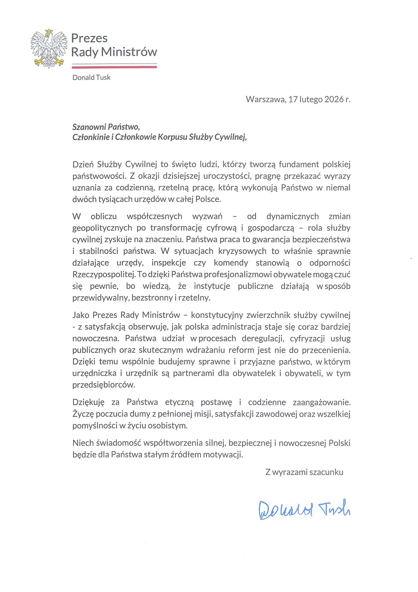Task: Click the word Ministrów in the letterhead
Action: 129,52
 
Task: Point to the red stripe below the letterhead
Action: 114,67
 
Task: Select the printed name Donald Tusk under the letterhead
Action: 91,78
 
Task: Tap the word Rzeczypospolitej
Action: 104,274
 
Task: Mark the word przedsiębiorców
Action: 104,385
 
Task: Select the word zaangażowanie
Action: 322,402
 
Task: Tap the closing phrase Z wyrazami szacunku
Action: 304,472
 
